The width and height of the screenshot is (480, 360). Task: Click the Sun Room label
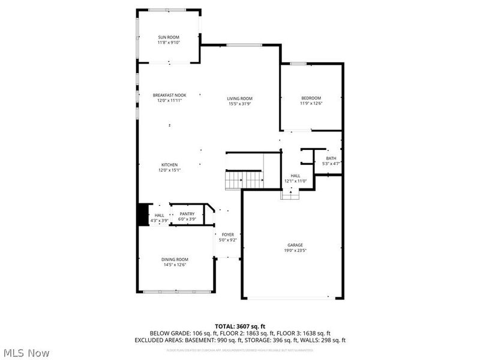pos(169,38)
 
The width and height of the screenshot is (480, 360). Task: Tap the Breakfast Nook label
pos(169,95)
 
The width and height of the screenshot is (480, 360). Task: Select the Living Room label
pos(239,98)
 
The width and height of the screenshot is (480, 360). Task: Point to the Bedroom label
pos(311,98)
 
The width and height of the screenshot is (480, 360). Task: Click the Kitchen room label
pos(169,165)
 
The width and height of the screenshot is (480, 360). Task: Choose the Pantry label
pos(187,214)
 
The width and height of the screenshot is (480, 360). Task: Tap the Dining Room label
pos(175,259)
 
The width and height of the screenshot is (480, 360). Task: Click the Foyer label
pos(228,235)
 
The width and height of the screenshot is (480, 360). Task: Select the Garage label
pos(295,245)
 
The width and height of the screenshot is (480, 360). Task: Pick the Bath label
pos(331,158)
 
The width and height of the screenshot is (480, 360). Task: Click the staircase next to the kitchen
pos(244,179)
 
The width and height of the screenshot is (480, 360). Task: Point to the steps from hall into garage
pos(290,194)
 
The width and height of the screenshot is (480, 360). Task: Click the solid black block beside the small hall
pos(143,215)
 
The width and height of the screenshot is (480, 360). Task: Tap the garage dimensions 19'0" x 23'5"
pos(295,250)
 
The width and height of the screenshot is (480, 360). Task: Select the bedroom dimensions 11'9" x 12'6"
pos(311,103)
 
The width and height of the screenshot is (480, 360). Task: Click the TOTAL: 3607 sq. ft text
pos(239,326)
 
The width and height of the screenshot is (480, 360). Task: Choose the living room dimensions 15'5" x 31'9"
pos(239,104)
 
